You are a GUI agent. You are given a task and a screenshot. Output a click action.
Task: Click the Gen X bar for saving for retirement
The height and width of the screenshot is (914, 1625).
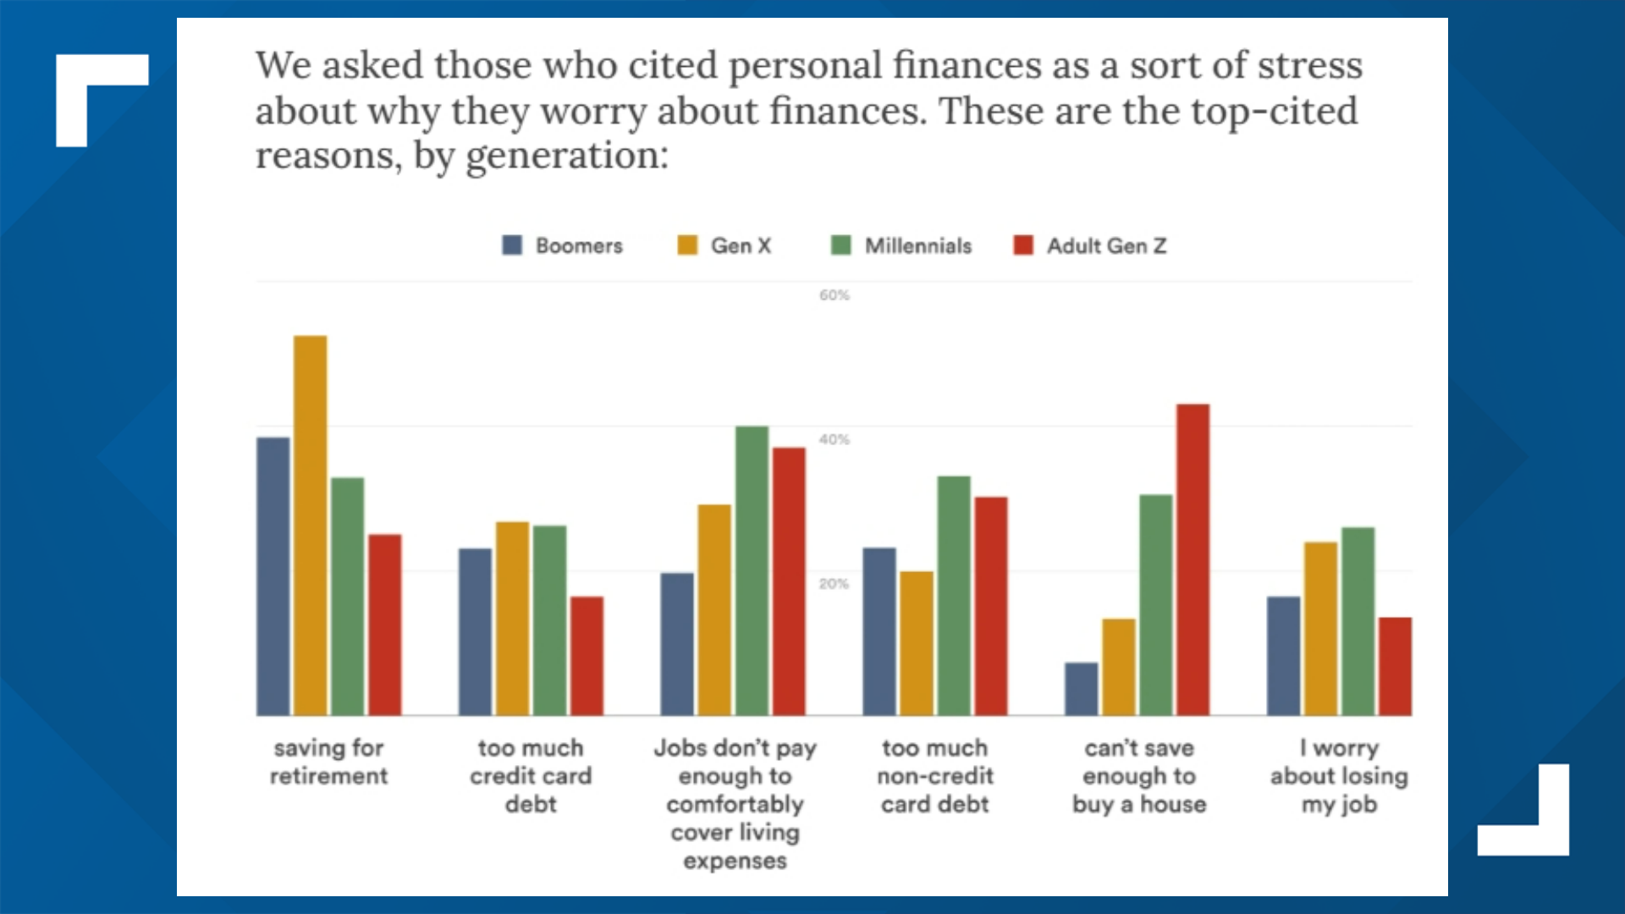[x=310, y=525]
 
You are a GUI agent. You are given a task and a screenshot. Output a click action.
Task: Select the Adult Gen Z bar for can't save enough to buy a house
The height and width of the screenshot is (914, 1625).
[x=1193, y=559]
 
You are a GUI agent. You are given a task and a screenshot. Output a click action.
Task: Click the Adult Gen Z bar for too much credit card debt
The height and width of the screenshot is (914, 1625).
[x=587, y=655]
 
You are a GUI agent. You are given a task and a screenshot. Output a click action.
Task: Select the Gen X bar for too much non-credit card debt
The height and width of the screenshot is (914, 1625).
[x=916, y=642]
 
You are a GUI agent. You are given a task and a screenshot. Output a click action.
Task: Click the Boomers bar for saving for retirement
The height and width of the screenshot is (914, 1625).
[x=273, y=575]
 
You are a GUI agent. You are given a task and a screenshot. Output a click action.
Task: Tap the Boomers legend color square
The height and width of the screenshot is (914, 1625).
[x=512, y=245]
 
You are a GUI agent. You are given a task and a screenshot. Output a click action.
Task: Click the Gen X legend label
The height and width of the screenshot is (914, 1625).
[x=741, y=245]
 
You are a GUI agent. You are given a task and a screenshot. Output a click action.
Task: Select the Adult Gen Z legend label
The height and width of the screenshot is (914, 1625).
[x=1106, y=245]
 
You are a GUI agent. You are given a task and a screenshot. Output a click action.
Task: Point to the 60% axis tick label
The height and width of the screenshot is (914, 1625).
[x=834, y=295]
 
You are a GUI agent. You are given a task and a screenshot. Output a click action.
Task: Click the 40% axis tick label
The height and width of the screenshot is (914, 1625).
[x=834, y=439]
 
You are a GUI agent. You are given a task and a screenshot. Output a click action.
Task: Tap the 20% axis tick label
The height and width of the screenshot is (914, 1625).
[x=834, y=584]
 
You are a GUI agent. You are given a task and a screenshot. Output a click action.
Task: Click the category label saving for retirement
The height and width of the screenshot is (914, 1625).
[x=328, y=762]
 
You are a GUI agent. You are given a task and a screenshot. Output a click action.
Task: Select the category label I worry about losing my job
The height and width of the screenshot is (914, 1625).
[x=1339, y=775]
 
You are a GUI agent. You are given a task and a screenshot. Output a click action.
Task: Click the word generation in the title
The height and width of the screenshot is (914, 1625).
[x=566, y=156]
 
